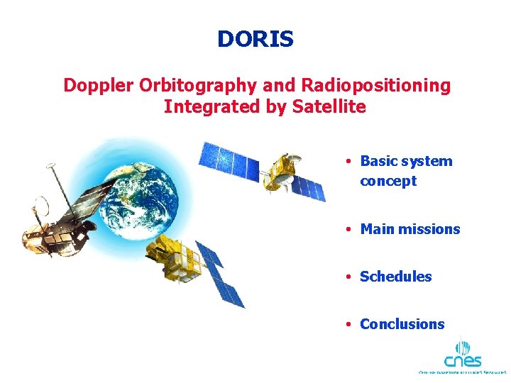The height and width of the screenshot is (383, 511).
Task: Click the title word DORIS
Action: click(x=255, y=39)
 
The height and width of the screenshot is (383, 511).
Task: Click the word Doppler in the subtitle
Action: click(x=99, y=86)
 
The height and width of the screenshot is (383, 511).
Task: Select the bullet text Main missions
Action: click(x=410, y=229)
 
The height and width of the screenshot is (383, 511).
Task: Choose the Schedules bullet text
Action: click(x=395, y=277)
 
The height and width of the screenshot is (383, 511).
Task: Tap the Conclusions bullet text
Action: click(x=402, y=324)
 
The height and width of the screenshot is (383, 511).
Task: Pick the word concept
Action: click(x=388, y=181)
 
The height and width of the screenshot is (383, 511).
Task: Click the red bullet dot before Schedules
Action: click(x=350, y=277)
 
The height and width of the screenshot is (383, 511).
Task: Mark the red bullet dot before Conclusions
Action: click(x=350, y=325)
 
